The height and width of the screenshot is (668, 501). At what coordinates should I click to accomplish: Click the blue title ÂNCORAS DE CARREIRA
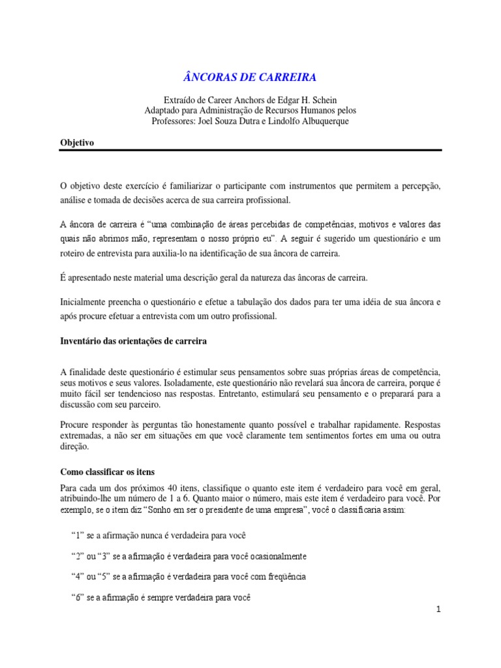250,77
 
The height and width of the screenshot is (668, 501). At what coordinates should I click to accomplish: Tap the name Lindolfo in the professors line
294,121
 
